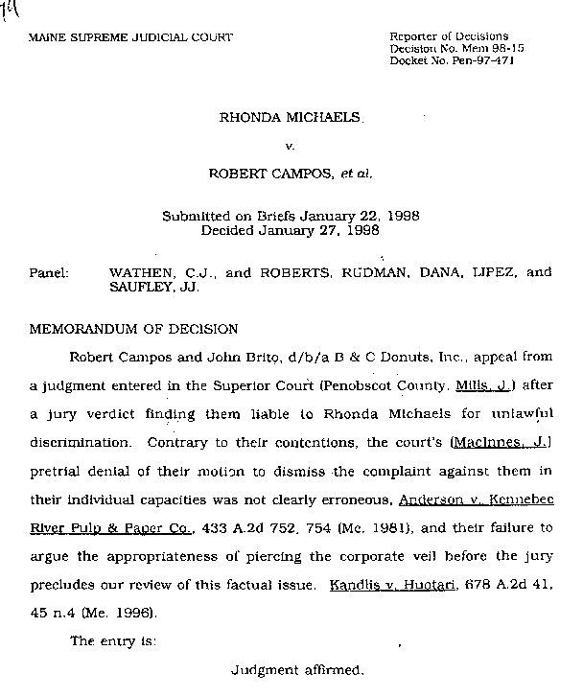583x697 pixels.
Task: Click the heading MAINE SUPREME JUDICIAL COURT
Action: point(130,37)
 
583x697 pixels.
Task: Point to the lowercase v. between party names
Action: point(289,147)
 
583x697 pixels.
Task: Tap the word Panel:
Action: point(48,272)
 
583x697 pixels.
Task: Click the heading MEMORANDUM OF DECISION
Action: point(133,329)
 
